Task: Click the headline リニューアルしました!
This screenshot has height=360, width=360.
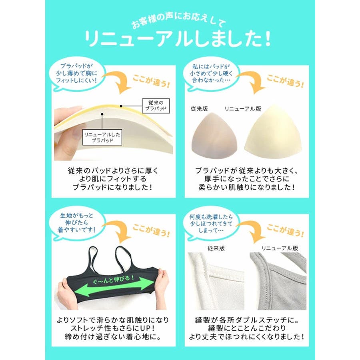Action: pyautogui.click(x=178, y=38)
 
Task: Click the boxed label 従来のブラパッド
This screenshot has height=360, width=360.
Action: pyautogui.click(x=156, y=106)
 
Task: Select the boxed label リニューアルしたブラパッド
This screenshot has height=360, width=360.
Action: pyautogui.click(x=102, y=137)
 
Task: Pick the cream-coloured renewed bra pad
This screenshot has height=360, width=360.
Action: pyautogui.click(x=273, y=132)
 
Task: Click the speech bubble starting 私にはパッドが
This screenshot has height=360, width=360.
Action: pyautogui.click(x=211, y=74)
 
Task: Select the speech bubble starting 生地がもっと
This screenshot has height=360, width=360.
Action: pyautogui.click(x=77, y=223)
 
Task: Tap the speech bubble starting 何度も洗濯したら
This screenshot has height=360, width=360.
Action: pyautogui.click(x=211, y=224)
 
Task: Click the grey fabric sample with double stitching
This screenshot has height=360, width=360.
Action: pyautogui.click(x=278, y=281)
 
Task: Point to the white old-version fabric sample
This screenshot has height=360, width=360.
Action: pyautogui.click(x=216, y=281)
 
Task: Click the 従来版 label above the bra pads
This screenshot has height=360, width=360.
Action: pyautogui.click(x=199, y=108)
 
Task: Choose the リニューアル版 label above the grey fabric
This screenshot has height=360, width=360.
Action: pyautogui.click(x=280, y=248)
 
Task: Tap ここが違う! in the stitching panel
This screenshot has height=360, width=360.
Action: pyautogui.click(x=285, y=230)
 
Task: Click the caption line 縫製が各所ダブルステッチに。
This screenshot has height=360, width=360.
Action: pyautogui.click(x=246, y=320)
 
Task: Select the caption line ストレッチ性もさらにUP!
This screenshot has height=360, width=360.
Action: pyautogui.click(x=112, y=328)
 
